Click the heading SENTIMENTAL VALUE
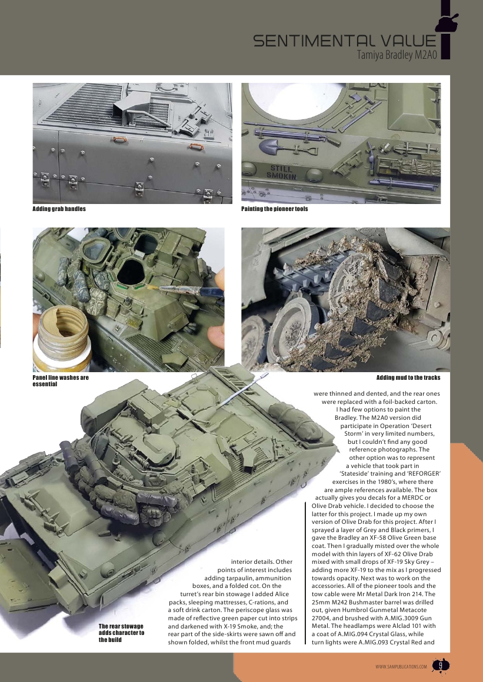tap(345, 41)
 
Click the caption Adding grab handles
tap(59, 209)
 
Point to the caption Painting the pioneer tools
tap(275, 209)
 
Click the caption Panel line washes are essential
tap(60, 381)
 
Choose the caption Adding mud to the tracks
tap(408, 377)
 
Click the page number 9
tap(440, 666)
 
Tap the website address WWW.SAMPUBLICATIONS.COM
tap(401, 667)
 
